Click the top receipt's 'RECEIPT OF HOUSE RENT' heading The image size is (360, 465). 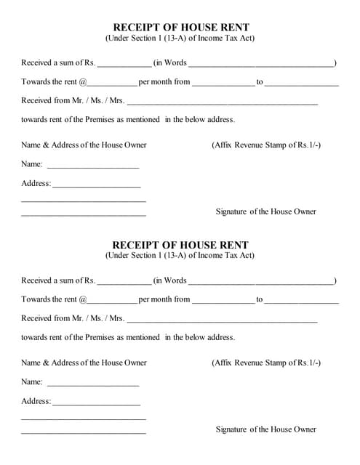(x=180, y=27)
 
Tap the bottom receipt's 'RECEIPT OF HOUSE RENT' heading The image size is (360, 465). (x=180, y=245)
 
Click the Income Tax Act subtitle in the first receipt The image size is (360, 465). (x=180, y=38)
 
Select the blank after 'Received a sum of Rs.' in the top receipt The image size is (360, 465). (x=124, y=64)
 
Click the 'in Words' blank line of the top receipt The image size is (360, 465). (x=261, y=64)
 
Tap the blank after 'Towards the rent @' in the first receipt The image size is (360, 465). (x=112, y=83)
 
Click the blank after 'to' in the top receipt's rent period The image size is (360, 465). (x=302, y=83)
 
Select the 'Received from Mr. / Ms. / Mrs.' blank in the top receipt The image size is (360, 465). (x=223, y=102)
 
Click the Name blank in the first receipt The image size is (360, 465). (x=92, y=165)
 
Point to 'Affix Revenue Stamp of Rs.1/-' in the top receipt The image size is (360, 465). (x=266, y=145)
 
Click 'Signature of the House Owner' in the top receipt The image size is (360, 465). (x=266, y=211)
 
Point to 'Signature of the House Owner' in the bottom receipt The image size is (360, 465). (x=266, y=429)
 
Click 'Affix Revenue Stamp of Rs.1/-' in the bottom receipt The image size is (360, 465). (x=266, y=363)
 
